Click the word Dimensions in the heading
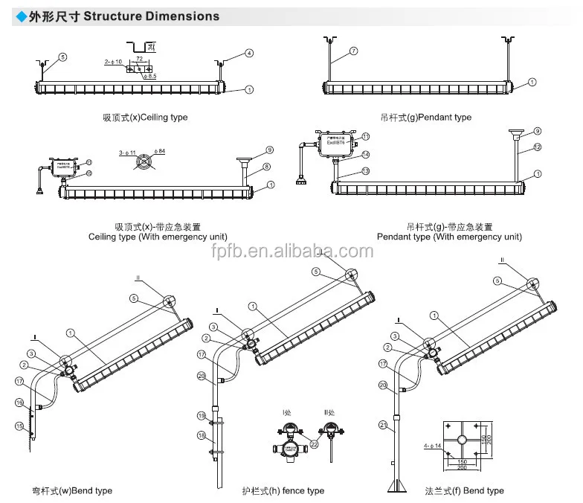pyautogui.click(x=182, y=16)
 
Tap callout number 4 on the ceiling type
pyautogui.click(x=250, y=53)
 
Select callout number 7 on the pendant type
pyautogui.click(x=354, y=51)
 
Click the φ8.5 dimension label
pyautogui.click(x=151, y=77)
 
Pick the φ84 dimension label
pyautogui.click(x=159, y=151)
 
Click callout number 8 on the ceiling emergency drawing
pyautogui.click(x=266, y=167)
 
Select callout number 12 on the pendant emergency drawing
pyautogui.click(x=537, y=147)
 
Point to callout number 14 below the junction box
pyautogui.click(x=365, y=154)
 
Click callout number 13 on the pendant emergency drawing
pyautogui.click(x=365, y=171)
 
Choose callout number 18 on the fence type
pyautogui.click(x=201, y=436)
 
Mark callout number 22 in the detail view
pyautogui.click(x=314, y=444)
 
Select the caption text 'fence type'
pyautogui.click(x=305, y=490)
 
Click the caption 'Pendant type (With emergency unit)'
pyautogui.click(x=449, y=237)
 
